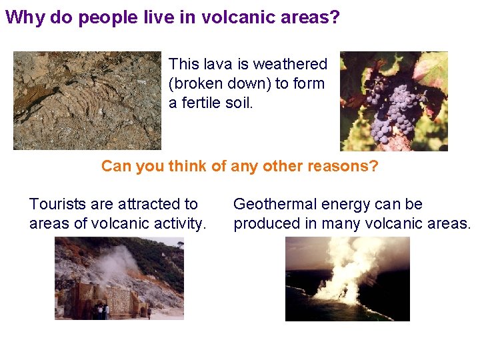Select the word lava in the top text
217,64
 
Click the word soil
240,103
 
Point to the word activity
179,223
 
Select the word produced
267,223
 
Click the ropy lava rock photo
87,100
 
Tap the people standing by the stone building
101,311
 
